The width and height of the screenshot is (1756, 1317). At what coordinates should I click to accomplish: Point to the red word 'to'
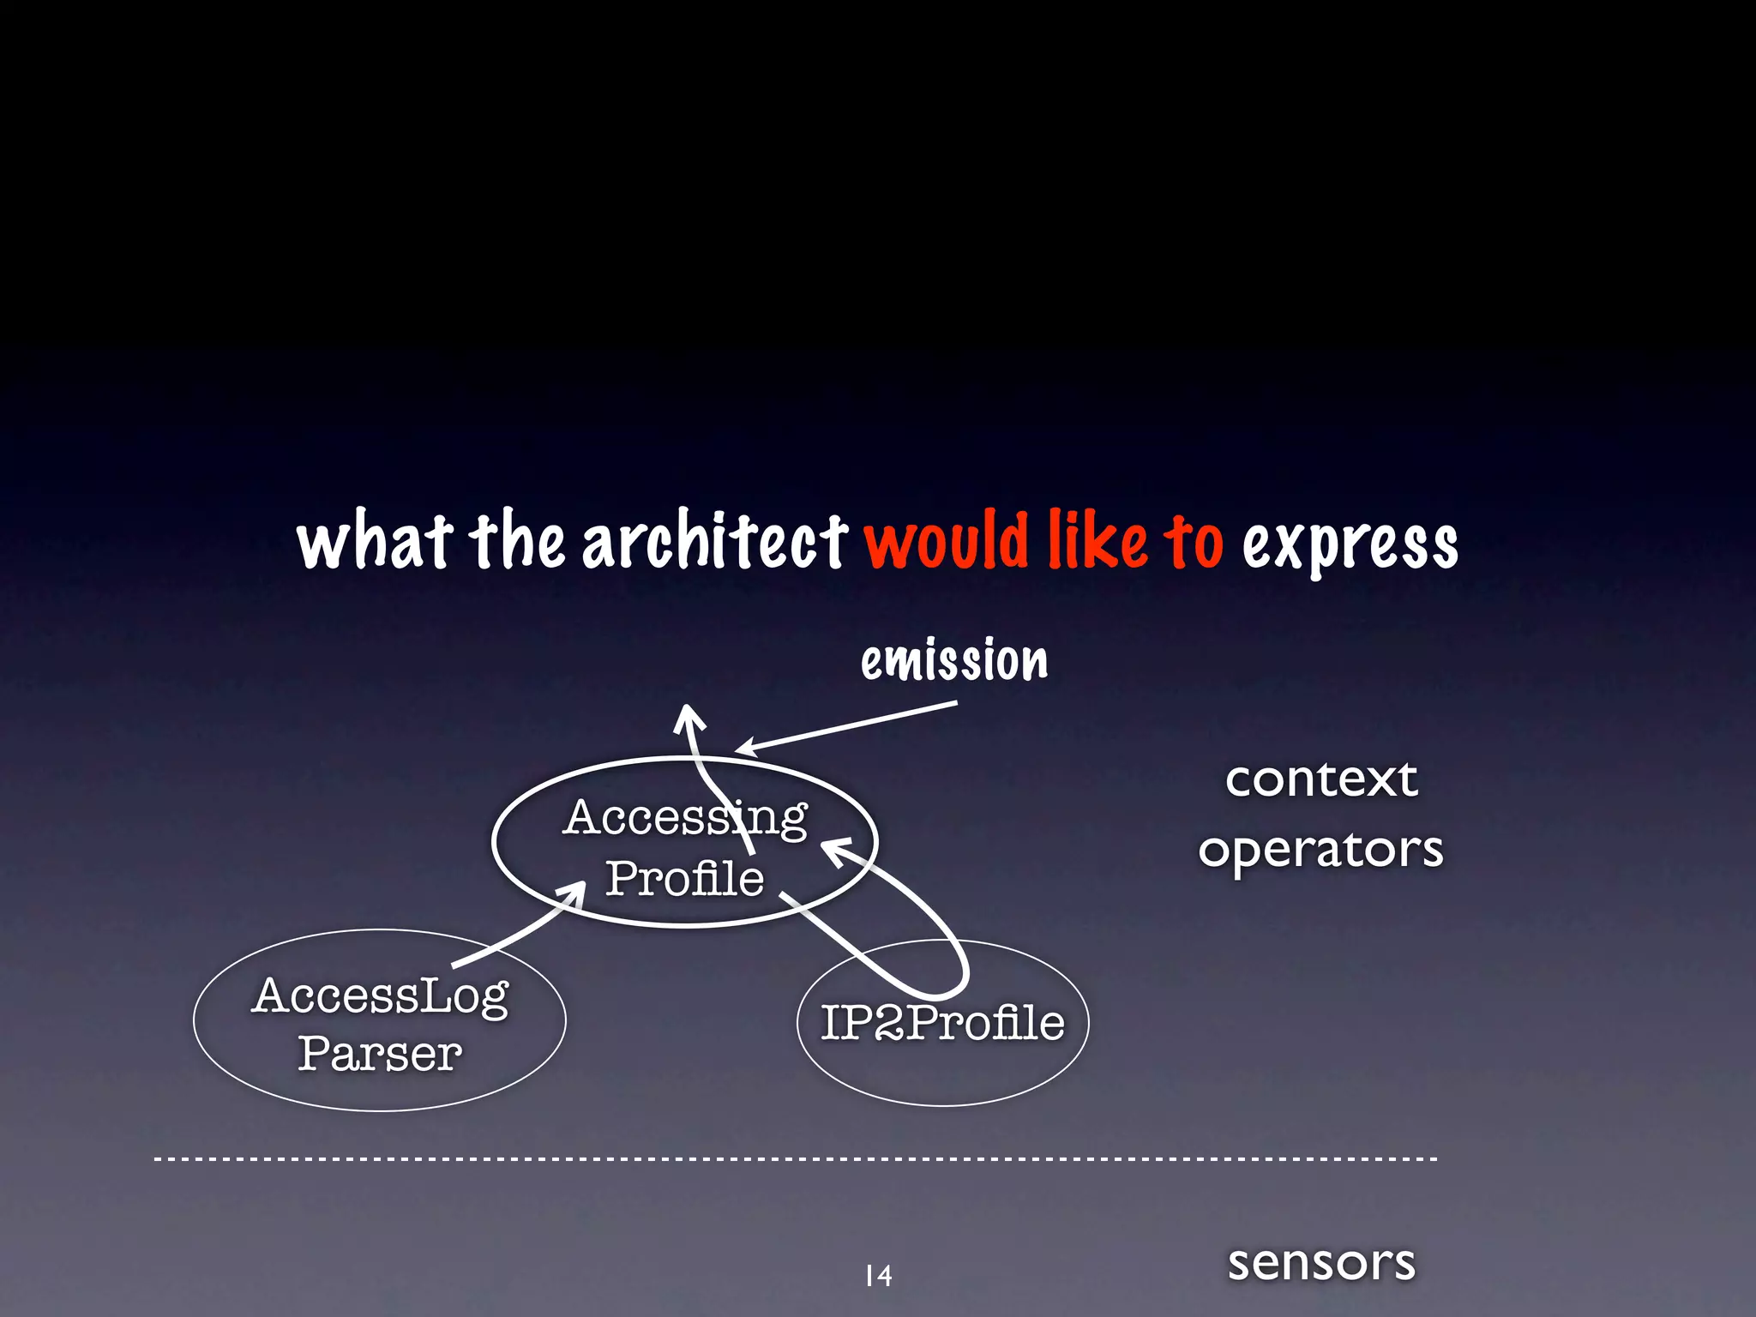[1193, 542]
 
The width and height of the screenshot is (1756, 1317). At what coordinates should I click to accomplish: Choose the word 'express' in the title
[1350, 545]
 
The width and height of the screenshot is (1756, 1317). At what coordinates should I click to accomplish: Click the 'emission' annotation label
[954, 661]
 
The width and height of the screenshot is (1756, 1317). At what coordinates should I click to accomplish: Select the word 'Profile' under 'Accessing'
[684, 878]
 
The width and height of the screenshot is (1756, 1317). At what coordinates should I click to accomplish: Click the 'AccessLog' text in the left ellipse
[381, 997]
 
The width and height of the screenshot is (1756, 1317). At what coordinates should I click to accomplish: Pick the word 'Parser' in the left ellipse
[380, 1053]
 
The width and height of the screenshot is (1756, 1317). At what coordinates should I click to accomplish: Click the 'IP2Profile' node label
[942, 1022]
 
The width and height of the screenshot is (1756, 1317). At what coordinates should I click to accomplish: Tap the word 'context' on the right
[1321, 779]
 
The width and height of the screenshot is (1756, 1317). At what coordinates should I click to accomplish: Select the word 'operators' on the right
[1320, 851]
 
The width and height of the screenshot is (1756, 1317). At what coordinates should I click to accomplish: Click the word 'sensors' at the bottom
[1321, 1262]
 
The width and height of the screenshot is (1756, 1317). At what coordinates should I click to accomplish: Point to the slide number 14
[878, 1276]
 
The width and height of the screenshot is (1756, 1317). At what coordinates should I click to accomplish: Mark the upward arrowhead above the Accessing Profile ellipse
[687, 715]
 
